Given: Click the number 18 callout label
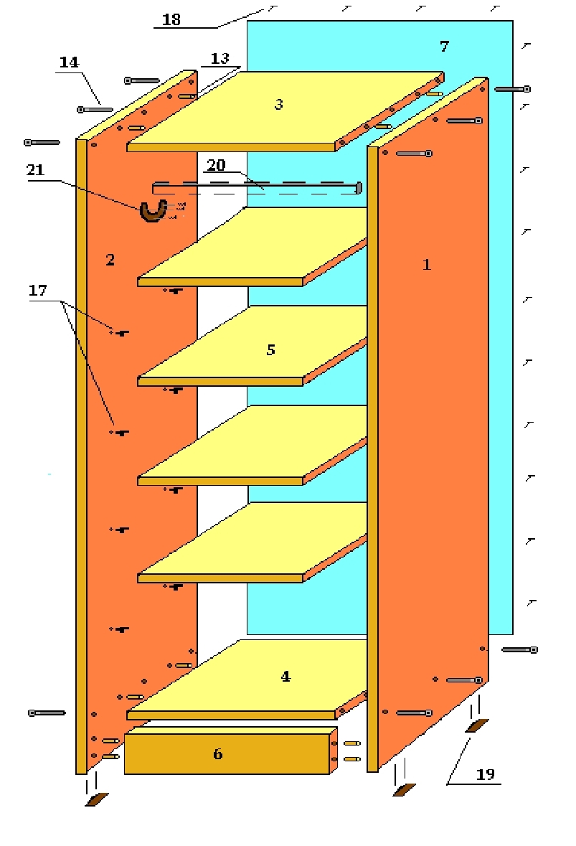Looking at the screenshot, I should click(171, 19).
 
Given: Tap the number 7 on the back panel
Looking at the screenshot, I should click(444, 47).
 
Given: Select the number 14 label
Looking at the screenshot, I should click(69, 62).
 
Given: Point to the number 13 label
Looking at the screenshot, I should click(219, 57).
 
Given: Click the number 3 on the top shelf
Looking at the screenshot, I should click(278, 104).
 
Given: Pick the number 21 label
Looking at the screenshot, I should click(35, 170).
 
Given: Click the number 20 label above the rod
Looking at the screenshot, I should click(216, 165).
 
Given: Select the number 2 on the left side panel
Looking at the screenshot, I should click(110, 260).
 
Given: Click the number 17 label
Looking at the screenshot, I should click(37, 291).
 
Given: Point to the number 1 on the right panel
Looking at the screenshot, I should click(427, 264).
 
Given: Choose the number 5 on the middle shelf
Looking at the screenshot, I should click(270, 350).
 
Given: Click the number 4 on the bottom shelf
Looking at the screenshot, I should click(285, 676).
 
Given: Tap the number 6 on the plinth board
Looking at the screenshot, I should click(217, 753).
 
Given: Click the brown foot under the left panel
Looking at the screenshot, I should click(96, 799).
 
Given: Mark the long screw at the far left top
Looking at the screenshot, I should click(42, 143).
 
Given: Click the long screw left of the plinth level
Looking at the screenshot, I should click(47, 713).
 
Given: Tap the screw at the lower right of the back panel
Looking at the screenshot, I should click(519, 649).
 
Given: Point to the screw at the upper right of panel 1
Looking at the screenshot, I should click(512, 89).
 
